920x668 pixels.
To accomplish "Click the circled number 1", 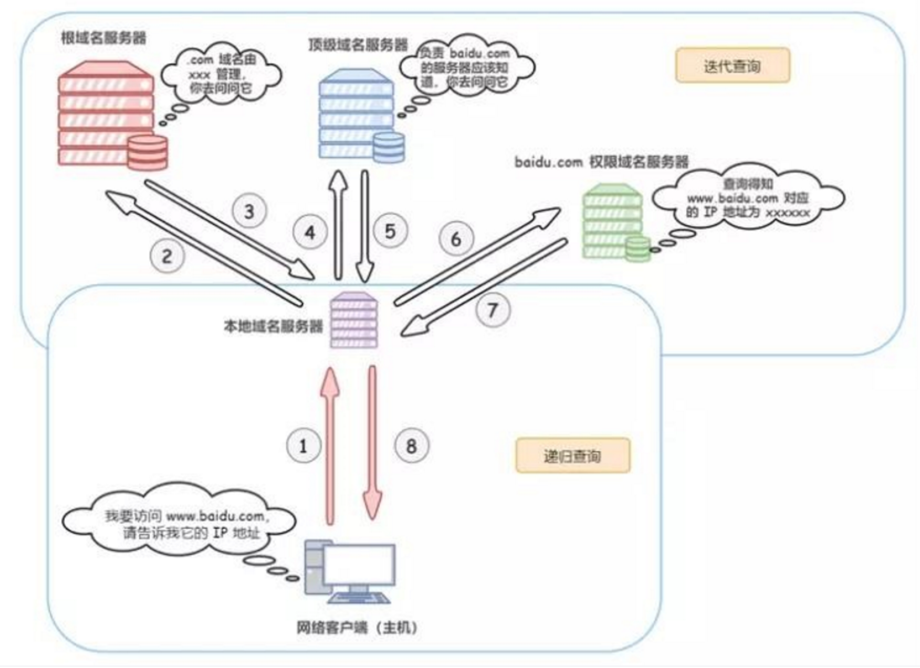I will point(303,446).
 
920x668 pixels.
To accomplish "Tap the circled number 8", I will point(412,446).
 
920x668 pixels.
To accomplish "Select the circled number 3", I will point(249,211).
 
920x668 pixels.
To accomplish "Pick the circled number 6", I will point(456,238).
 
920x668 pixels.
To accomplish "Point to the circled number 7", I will point(493,310).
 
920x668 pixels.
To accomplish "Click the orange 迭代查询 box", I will point(732,66).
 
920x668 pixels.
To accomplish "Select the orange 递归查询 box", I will point(572,455).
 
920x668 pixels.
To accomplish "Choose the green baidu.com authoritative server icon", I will point(614,221).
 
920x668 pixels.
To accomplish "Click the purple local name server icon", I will point(354,320).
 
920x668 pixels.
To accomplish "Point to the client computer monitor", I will point(358,565).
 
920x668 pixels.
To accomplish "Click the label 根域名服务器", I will point(103,38).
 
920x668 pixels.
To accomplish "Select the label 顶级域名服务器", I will point(358,45).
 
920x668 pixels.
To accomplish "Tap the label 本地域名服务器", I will point(273,327).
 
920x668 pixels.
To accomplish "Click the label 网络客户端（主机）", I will point(357,627).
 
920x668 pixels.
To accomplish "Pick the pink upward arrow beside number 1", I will point(330,446).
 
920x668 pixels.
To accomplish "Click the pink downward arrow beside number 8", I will point(373,446).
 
